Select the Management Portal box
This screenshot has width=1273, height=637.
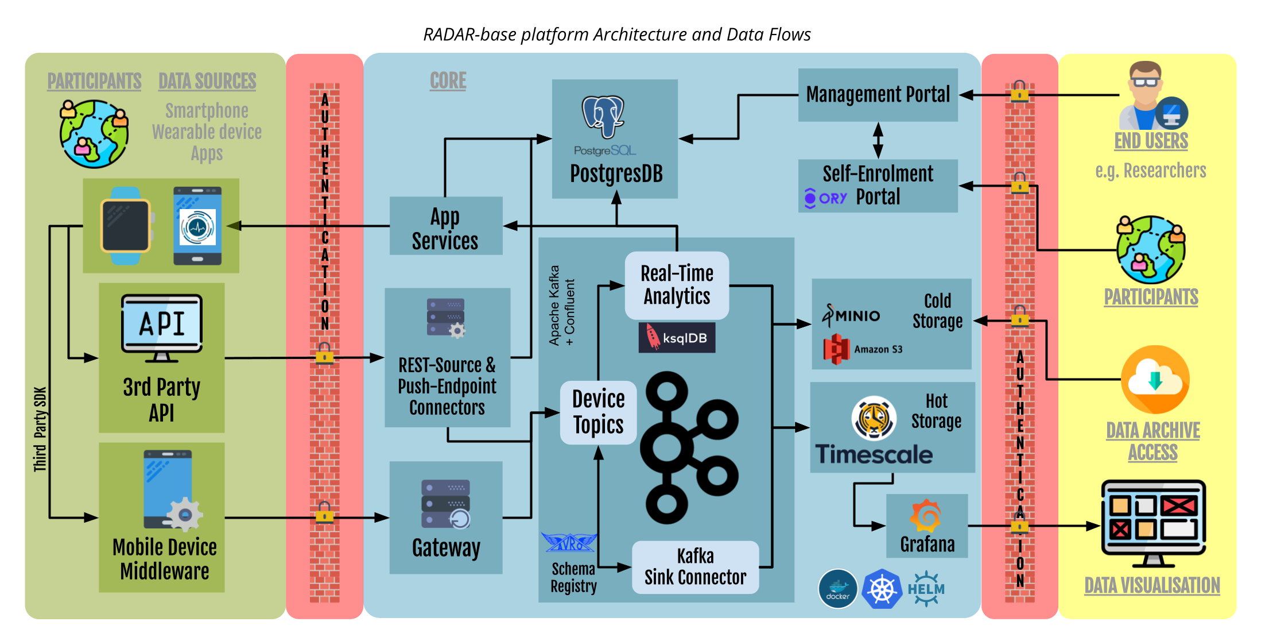click(878, 95)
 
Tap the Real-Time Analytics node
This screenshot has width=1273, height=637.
click(677, 285)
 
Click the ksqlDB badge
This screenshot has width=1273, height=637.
click(677, 338)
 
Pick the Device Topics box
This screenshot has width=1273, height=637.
click(598, 412)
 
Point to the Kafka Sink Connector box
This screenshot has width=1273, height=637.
click(695, 567)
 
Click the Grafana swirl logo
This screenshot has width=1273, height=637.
click(925, 515)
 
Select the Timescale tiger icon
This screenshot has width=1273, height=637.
click(874, 418)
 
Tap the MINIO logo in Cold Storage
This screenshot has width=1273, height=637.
click(851, 315)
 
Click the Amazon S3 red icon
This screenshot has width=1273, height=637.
click(836, 349)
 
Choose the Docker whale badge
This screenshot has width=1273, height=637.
click(837, 589)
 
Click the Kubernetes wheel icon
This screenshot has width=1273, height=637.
click(882, 589)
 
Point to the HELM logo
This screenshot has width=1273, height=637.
click(926, 589)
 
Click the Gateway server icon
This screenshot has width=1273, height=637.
click(446, 504)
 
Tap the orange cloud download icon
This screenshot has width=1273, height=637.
click(1155, 380)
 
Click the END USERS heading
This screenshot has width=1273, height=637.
click(1151, 141)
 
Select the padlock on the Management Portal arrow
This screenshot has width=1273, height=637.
click(1019, 92)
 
